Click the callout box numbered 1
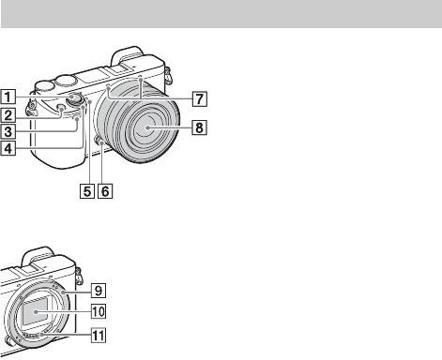click(8, 97)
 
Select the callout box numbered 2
click(8, 114)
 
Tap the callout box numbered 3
click(8, 131)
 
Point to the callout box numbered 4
click(8, 148)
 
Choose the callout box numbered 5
click(87, 191)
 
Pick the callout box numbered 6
click(105, 191)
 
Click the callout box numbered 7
click(200, 98)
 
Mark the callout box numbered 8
click(200, 127)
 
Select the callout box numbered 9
click(99, 291)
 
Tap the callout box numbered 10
click(99, 311)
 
